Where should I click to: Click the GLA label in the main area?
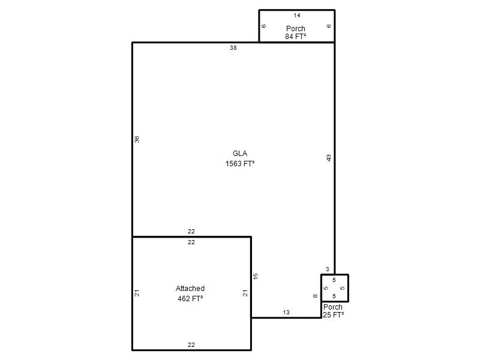(x=239, y=154)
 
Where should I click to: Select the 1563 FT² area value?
(x=240, y=164)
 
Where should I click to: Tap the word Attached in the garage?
(x=190, y=289)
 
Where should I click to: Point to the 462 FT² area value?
(x=190, y=298)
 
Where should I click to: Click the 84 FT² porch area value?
(x=295, y=37)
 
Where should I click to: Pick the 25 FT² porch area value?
(x=334, y=314)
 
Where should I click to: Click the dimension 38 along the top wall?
(x=233, y=48)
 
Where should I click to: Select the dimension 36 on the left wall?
(x=137, y=139)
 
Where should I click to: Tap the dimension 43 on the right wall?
(x=328, y=158)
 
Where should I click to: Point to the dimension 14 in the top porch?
(x=297, y=16)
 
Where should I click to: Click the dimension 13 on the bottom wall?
(x=286, y=312)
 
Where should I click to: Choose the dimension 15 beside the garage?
(x=256, y=276)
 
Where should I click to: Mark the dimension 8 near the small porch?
(x=316, y=296)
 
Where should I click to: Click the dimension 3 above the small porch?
(x=328, y=269)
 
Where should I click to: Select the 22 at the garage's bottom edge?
(x=191, y=344)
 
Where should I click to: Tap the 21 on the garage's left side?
(x=137, y=293)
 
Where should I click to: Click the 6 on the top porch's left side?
(x=264, y=26)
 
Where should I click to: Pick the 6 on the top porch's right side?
(x=329, y=26)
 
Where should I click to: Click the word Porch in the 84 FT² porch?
(x=296, y=28)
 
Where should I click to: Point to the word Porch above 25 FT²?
(x=333, y=307)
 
